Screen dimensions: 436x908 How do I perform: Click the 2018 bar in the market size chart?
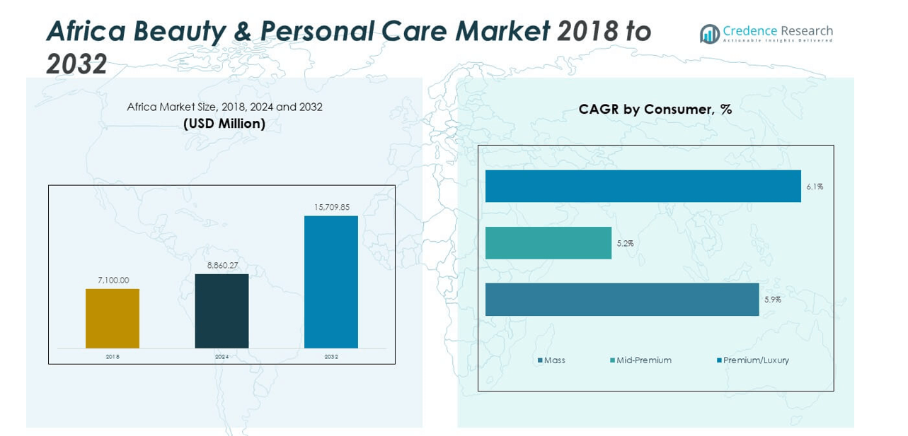pos(113,318)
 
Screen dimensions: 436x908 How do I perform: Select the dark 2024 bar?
pos(222,311)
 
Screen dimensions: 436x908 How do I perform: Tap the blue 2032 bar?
pos(331,282)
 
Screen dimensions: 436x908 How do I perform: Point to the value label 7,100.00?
pos(113,281)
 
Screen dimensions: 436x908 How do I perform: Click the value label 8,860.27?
pos(222,266)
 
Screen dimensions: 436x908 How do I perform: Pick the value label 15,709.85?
pos(332,207)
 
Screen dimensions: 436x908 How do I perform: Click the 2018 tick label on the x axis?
pos(113,357)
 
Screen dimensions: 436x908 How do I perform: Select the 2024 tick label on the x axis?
pos(222,357)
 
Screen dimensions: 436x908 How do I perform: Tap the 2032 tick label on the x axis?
pos(331,357)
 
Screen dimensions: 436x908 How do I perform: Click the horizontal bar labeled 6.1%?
pos(643,186)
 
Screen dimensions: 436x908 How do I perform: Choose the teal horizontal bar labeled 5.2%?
pos(548,243)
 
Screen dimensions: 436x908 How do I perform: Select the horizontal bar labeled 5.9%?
pos(621,300)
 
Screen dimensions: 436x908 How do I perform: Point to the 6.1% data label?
pos(815,187)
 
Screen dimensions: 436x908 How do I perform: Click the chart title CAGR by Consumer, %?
pos(655,110)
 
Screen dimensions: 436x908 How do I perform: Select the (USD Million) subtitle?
pos(224,124)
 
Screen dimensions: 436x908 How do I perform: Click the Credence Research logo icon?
pos(709,33)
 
